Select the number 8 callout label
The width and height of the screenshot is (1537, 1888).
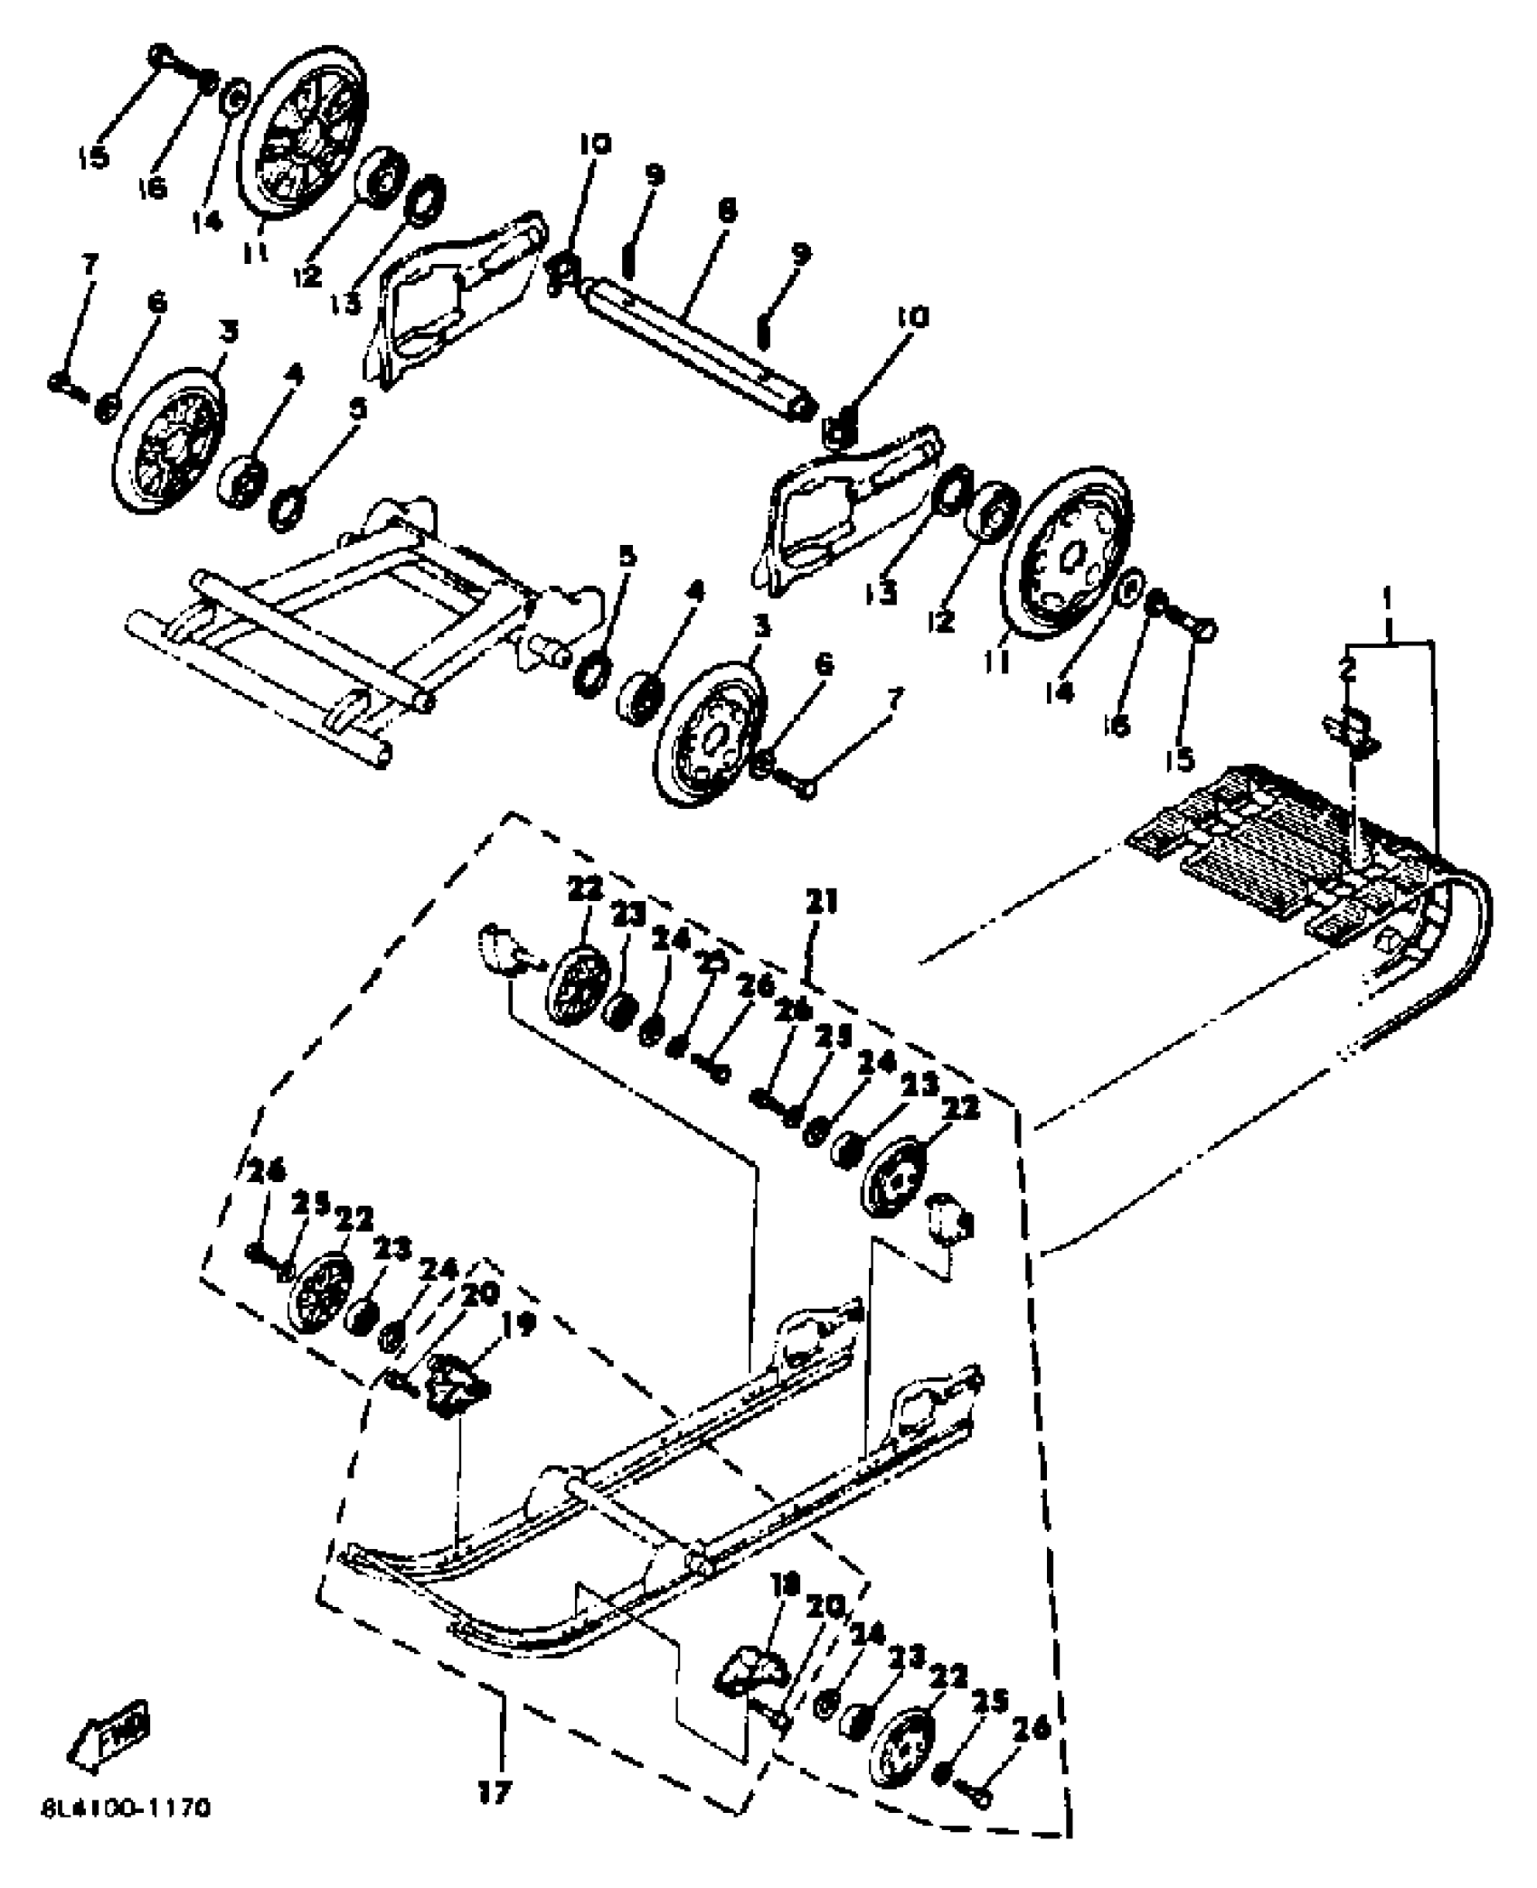pyautogui.click(x=725, y=211)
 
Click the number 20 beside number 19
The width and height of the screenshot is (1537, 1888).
pyautogui.click(x=478, y=1294)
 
